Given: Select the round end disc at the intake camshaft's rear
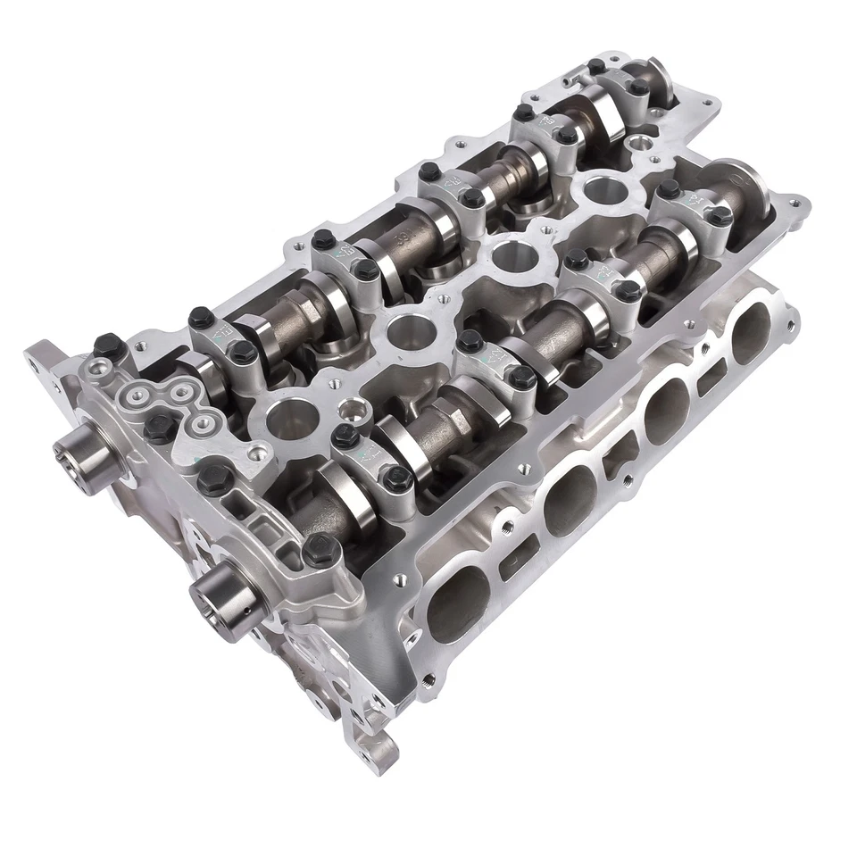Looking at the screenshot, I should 745,183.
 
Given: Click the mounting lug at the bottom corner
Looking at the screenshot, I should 376,751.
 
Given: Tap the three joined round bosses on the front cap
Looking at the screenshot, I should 166,397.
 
